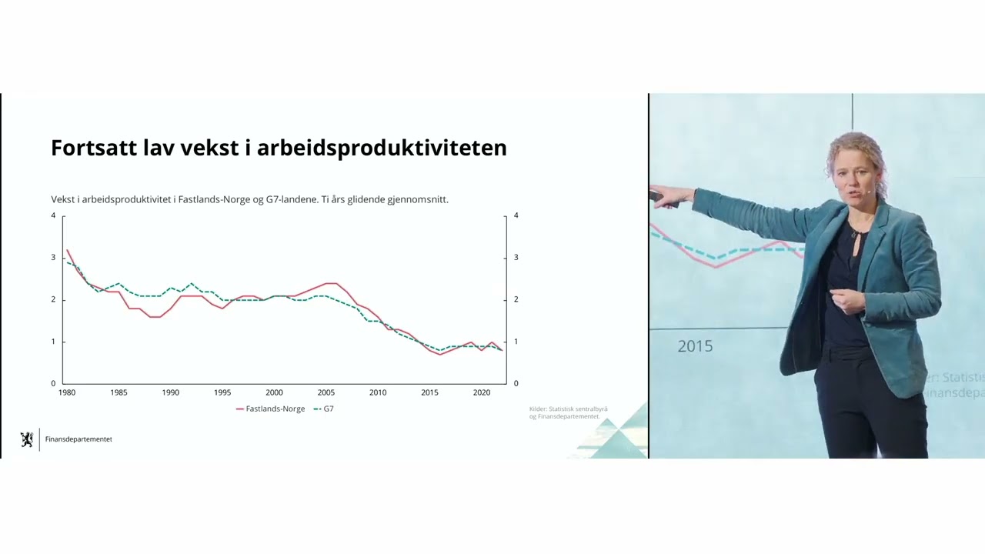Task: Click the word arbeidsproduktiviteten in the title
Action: (382, 148)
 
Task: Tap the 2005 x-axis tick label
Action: (326, 392)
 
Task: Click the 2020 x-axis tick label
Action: (482, 392)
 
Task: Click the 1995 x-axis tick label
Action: (222, 392)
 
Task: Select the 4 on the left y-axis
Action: (53, 215)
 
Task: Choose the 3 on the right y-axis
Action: (516, 258)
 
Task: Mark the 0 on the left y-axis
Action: (53, 383)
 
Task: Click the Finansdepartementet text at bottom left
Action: (78, 439)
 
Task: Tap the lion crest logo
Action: (27, 439)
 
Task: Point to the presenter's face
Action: (853, 175)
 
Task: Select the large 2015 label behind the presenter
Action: (695, 346)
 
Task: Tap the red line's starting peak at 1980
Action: (67, 250)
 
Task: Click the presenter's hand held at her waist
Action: (845, 299)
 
